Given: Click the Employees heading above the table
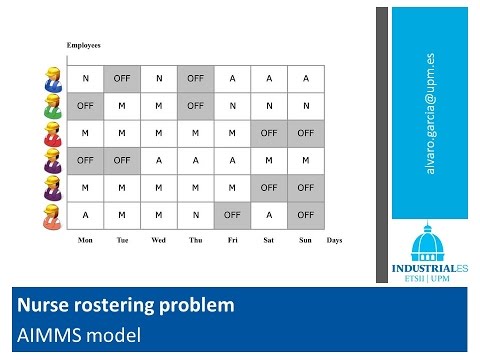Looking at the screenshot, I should tap(84, 46).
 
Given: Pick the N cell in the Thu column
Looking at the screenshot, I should tap(196, 213).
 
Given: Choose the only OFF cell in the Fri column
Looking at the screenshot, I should tap(232, 213).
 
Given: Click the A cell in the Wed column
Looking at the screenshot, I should tap(159, 159).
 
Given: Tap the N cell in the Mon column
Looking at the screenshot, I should tap(86, 78).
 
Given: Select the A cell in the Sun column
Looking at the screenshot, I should tap(305, 78).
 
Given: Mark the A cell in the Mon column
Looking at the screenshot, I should tap(86, 213).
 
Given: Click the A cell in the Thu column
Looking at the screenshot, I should tap(196, 159).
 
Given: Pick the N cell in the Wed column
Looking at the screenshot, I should tap(159, 78).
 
